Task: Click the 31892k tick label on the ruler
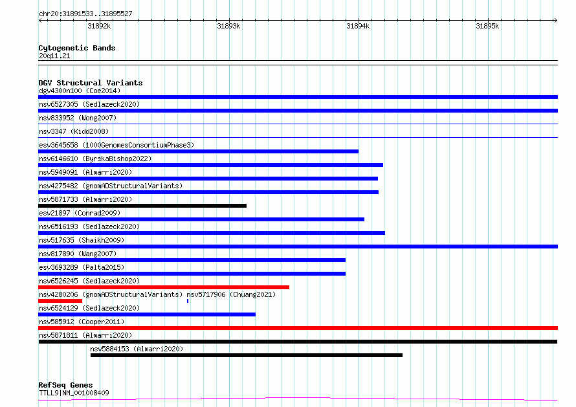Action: [x=99, y=26]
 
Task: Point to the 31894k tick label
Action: [x=358, y=26]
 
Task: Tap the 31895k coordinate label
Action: [x=487, y=26]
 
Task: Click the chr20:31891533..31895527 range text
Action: [x=85, y=14]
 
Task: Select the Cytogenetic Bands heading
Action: [x=77, y=48]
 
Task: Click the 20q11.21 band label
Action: [x=54, y=56]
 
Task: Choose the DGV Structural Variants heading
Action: [x=91, y=83]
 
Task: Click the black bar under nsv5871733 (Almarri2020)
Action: [x=142, y=206]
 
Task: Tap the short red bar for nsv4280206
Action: [x=60, y=301]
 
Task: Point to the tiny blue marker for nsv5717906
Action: [x=188, y=301]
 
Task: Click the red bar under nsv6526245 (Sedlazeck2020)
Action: [x=164, y=287]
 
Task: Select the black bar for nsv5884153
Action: [x=247, y=355]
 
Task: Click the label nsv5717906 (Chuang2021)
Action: [x=231, y=294]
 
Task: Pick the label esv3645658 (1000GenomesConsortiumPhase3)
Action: [x=116, y=145]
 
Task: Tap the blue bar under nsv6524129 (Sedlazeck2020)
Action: [x=147, y=314]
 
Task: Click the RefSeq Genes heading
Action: [x=65, y=385]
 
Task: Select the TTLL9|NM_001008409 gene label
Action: [x=74, y=393]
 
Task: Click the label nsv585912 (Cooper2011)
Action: [x=82, y=322]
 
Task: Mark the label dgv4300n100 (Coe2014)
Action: [x=80, y=91]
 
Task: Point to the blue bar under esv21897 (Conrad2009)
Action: [x=201, y=219]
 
